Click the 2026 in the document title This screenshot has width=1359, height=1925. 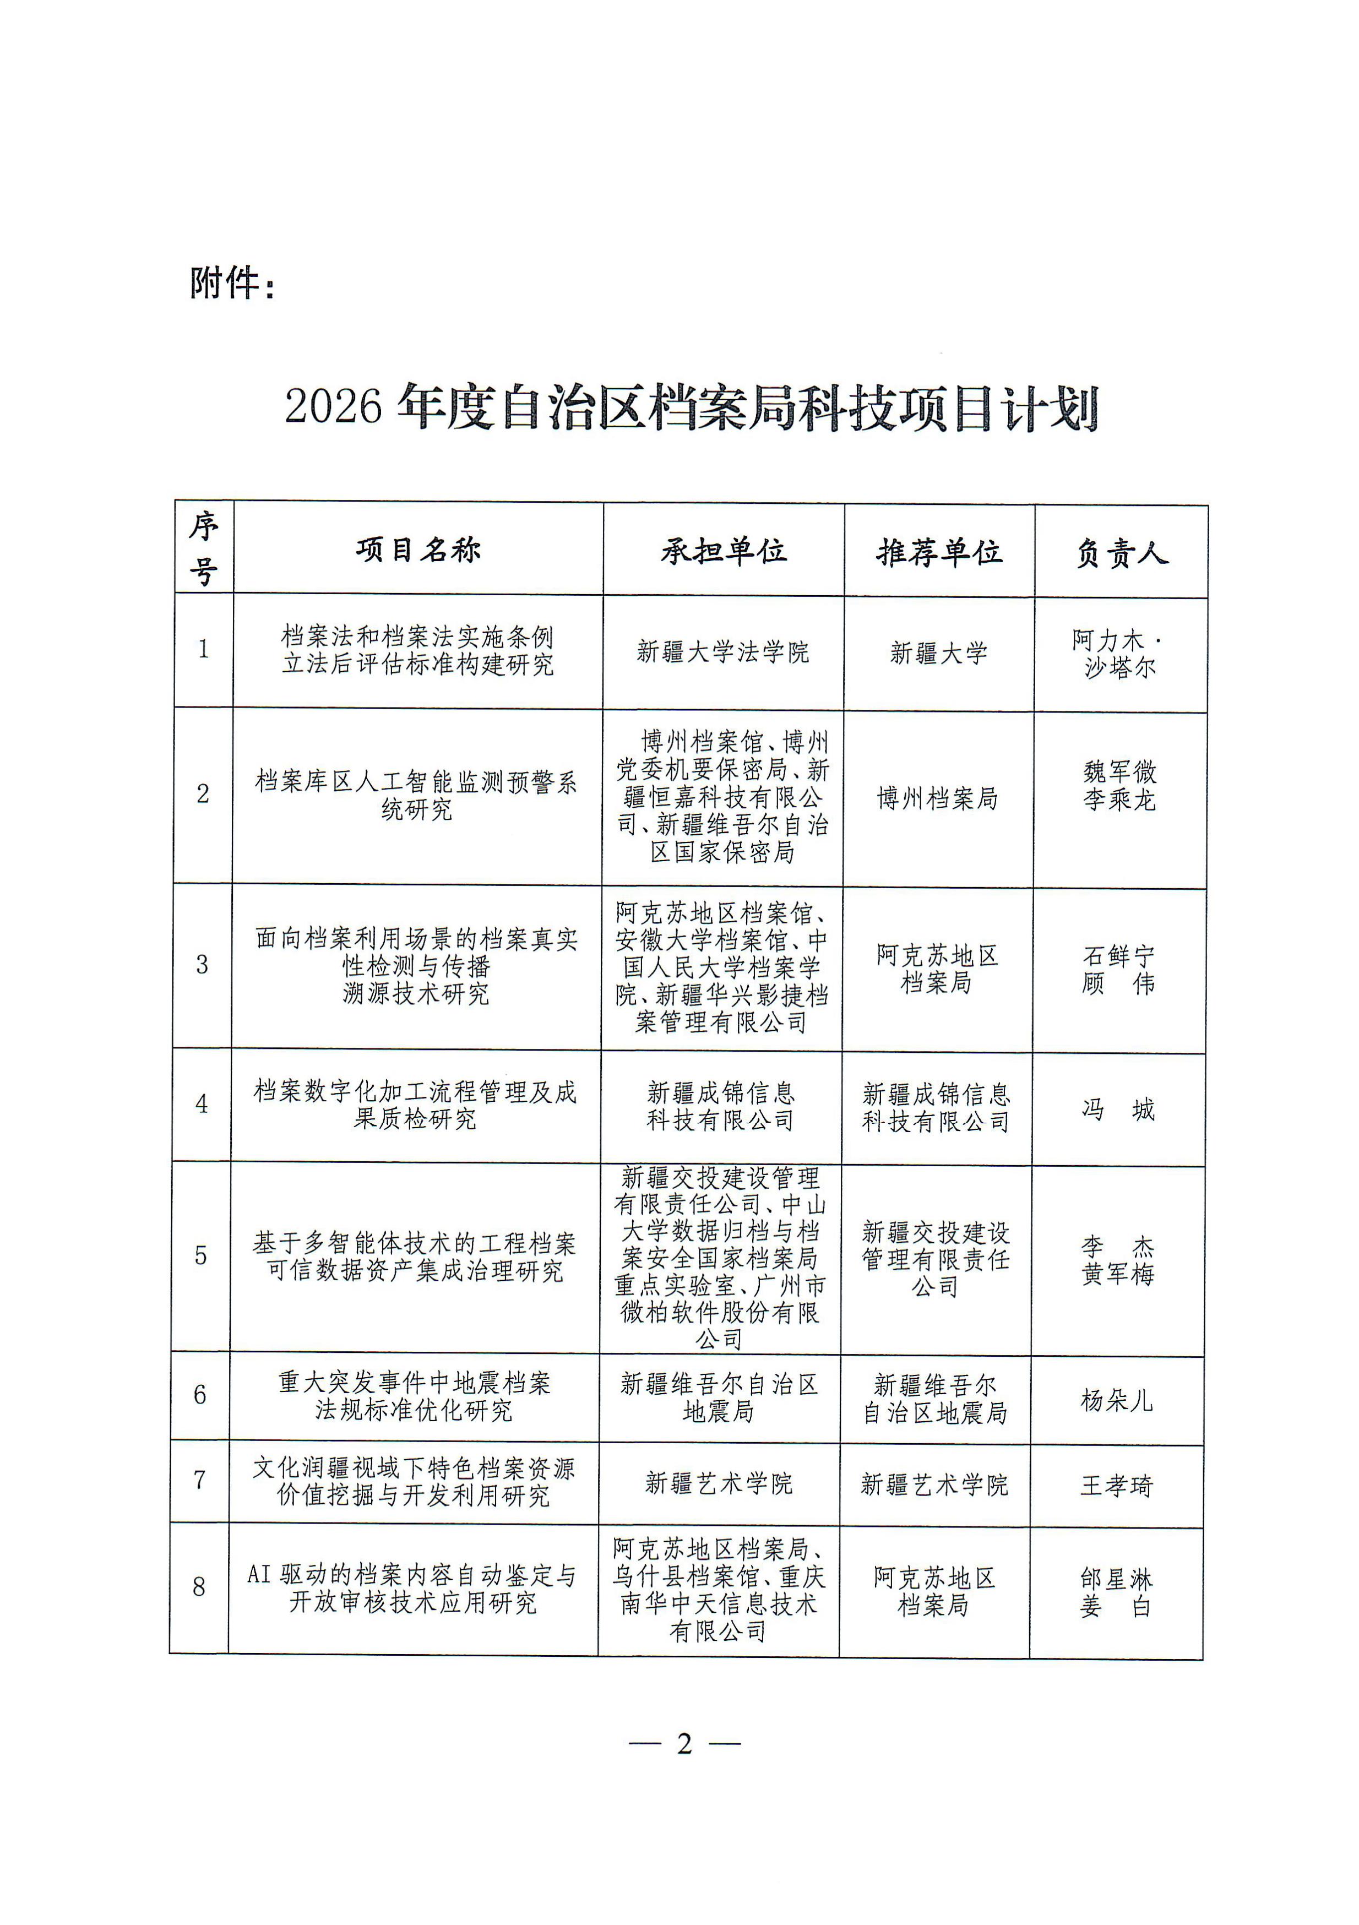click(x=333, y=406)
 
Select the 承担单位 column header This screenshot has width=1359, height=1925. click(x=724, y=551)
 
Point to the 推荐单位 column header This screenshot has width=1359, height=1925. click(x=939, y=552)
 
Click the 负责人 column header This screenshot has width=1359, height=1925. click(x=1122, y=553)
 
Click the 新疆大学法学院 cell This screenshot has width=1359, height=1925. click(x=722, y=651)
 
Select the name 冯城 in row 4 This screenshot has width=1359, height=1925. click(x=1118, y=1109)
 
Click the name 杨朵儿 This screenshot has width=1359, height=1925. click(x=1117, y=1400)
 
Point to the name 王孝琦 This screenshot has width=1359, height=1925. click(x=1117, y=1486)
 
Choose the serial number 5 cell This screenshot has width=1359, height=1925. click(x=201, y=1255)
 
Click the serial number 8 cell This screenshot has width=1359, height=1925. click(x=199, y=1586)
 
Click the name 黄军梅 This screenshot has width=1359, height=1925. click(x=1118, y=1274)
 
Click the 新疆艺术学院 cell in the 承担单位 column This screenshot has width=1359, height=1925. click(x=719, y=1483)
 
